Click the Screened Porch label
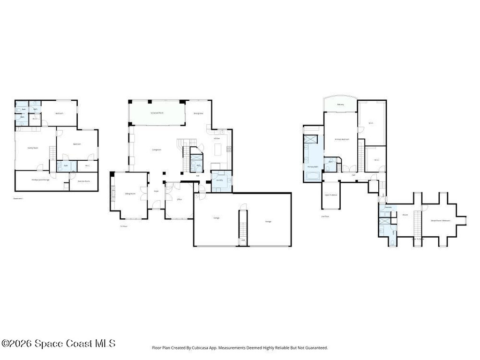pos(157,113)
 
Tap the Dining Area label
pos(198,113)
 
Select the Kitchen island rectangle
pos(218,149)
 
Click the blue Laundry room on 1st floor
pos(221,181)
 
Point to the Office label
pos(179,200)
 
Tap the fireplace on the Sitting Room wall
pos(112,193)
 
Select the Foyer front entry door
pos(156,205)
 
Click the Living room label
pos(157,150)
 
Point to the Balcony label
pos(340,105)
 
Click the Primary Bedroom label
pos(342,139)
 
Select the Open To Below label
pos(331,195)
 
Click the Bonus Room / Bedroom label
pos(441,220)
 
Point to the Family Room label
pos(33,148)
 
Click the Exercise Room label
pos(84,181)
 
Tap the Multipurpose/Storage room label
pos(41,180)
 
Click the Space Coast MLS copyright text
pos(58,344)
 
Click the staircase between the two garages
pos(243,227)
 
